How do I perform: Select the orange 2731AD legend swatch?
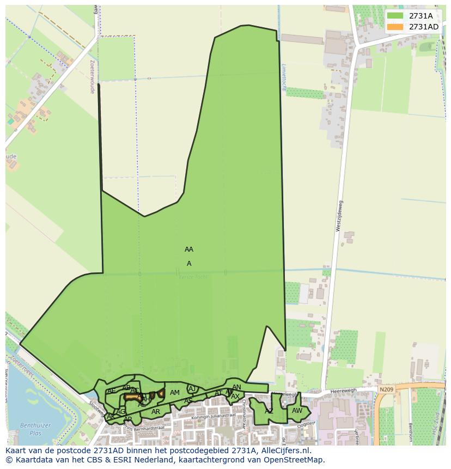click(x=395, y=27)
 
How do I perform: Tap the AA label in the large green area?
click(x=189, y=249)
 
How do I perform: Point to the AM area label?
click(x=174, y=393)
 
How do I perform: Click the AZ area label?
click(x=269, y=411)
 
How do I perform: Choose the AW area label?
click(x=297, y=411)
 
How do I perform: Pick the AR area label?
click(x=156, y=412)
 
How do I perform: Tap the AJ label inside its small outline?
click(x=192, y=388)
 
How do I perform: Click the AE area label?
click(x=111, y=391)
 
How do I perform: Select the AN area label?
click(x=236, y=387)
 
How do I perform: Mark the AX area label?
click(x=235, y=397)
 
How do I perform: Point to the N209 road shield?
click(x=386, y=389)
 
